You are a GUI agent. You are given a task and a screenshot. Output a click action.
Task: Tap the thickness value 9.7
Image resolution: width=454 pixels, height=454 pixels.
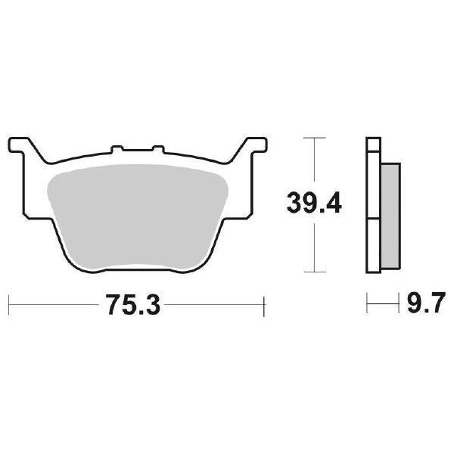[x=421, y=307]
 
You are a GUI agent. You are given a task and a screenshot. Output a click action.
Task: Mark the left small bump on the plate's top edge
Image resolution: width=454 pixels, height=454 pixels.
[x=117, y=150]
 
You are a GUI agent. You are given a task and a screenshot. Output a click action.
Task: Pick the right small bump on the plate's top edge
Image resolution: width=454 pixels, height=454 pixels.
[x=157, y=150]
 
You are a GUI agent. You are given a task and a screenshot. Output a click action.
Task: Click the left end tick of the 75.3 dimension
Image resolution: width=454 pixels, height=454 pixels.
[x=8, y=307]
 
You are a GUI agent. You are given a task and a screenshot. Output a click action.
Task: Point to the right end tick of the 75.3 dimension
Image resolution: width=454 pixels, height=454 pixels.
[x=264, y=307]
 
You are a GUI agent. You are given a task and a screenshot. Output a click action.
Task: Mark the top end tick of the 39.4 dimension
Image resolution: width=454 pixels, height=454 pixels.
[x=313, y=138]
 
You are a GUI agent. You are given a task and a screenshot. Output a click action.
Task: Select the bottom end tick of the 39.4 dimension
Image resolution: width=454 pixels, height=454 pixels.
[x=313, y=272]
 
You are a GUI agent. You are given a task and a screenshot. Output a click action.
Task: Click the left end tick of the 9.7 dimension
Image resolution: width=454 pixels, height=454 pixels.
[x=367, y=307]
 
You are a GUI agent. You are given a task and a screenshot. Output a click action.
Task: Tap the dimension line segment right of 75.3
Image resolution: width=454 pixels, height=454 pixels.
[x=212, y=307]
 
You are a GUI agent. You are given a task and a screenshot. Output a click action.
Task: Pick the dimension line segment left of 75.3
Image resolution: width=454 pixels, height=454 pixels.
[x=57, y=307]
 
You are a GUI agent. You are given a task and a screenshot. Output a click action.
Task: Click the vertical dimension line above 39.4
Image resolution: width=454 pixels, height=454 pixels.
[x=313, y=163]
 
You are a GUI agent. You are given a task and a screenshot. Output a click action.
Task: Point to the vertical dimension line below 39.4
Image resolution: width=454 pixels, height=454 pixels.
[x=313, y=246]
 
